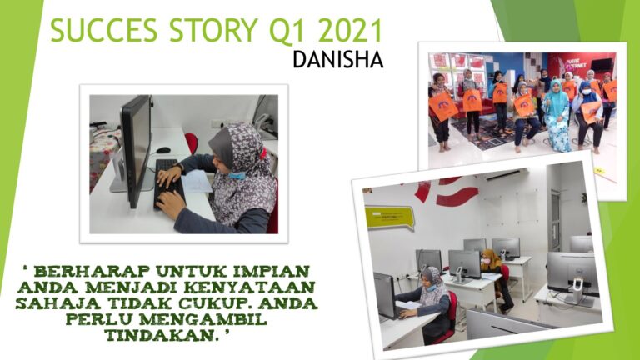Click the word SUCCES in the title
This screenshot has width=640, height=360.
[x=103, y=30]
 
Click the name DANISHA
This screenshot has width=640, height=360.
[x=338, y=60]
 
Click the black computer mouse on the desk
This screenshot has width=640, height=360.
[x=162, y=150]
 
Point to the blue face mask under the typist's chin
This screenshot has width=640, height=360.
[x=237, y=176]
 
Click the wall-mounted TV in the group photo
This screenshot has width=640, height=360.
[x=601, y=64]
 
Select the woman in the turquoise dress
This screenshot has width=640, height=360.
[x=556, y=116]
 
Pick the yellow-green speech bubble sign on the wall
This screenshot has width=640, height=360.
[x=389, y=217]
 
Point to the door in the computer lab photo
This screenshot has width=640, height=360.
[x=555, y=220]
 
